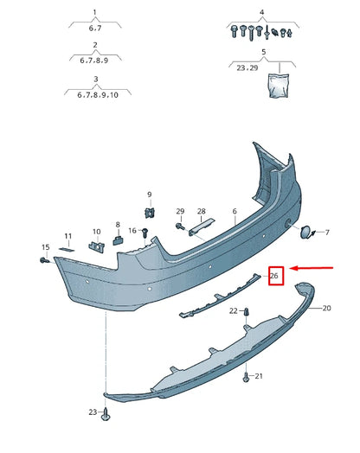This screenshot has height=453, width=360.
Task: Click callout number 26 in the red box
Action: coord(274,276)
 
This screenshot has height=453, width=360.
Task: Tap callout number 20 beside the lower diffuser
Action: coord(326,308)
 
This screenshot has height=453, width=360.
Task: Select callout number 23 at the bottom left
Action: coord(92,412)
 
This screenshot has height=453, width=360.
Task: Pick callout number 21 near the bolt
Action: coord(258,377)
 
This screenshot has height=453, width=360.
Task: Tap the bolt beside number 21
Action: coord(246,377)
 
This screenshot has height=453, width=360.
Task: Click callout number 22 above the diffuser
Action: coord(233,310)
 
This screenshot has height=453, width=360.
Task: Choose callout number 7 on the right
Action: coord(325,232)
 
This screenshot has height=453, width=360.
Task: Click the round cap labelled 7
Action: coord(307,231)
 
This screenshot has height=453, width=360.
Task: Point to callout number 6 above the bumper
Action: coord(234,211)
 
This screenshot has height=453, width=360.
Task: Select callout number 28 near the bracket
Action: coord(201,211)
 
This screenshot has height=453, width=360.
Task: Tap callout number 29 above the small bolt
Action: coord(180,211)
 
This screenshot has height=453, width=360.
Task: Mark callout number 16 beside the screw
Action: coord(133,231)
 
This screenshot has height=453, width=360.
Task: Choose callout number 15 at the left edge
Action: coord(44,247)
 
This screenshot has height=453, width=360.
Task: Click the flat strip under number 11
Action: coord(67,248)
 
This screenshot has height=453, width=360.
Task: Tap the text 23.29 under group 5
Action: coord(247,67)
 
